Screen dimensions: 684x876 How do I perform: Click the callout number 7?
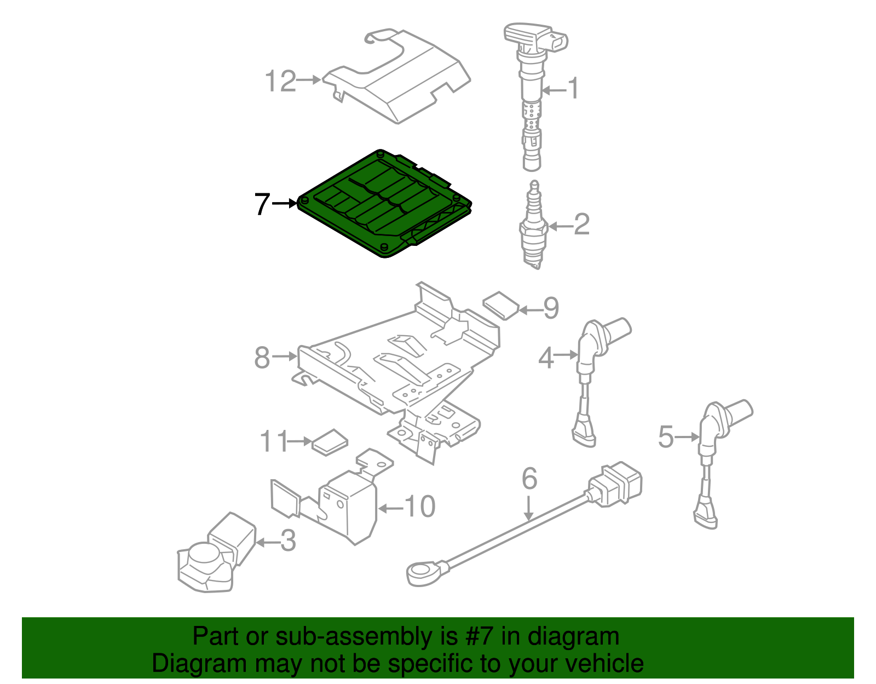[262, 204]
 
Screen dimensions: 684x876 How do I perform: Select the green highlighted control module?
[383, 205]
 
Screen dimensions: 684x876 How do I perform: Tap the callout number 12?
[280, 82]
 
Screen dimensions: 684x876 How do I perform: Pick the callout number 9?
[551, 308]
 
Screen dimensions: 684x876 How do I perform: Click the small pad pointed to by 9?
[500, 305]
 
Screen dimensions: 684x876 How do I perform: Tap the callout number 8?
[262, 358]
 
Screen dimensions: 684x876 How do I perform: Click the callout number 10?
[420, 507]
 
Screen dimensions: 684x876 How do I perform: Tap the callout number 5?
[666, 437]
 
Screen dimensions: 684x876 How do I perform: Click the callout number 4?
[546, 358]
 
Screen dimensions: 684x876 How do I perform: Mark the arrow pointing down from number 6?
[528, 508]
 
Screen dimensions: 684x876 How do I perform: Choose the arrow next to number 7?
[284, 204]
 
